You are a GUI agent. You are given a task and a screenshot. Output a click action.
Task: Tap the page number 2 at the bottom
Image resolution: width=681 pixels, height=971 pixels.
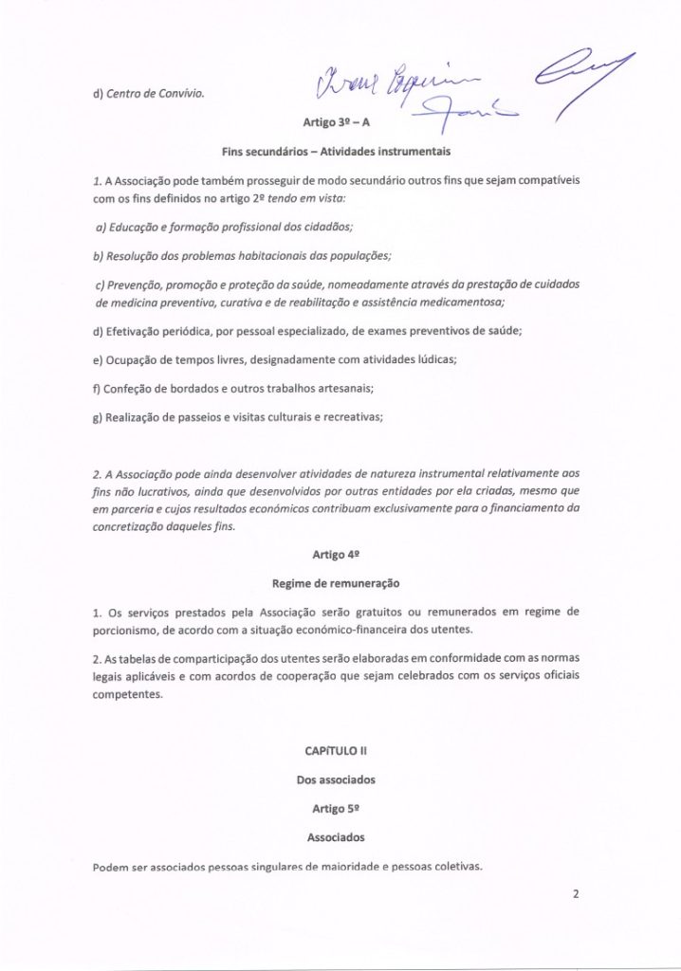[x=575, y=891]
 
